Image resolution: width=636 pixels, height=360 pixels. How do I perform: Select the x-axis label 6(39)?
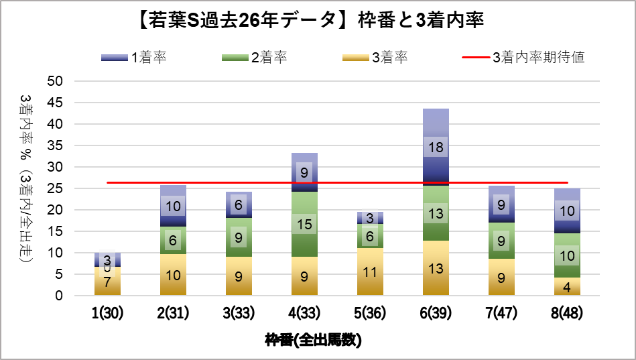point(436,314)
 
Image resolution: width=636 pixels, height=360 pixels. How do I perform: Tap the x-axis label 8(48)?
point(567,314)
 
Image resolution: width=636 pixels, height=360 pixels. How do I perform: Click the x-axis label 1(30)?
point(107,314)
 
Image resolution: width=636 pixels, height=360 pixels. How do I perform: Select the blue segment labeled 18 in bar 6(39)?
point(436,147)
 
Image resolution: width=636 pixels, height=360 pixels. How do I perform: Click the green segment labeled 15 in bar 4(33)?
point(304,224)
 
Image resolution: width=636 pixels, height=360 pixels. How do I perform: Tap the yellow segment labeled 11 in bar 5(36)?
point(370,272)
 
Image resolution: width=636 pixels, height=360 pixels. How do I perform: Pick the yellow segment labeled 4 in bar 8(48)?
point(567,286)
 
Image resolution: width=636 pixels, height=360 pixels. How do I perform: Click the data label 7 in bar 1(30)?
point(107,282)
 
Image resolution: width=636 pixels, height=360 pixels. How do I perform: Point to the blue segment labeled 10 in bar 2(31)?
point(173,206)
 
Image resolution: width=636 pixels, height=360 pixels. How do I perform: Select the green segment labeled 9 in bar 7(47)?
point(501,240)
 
